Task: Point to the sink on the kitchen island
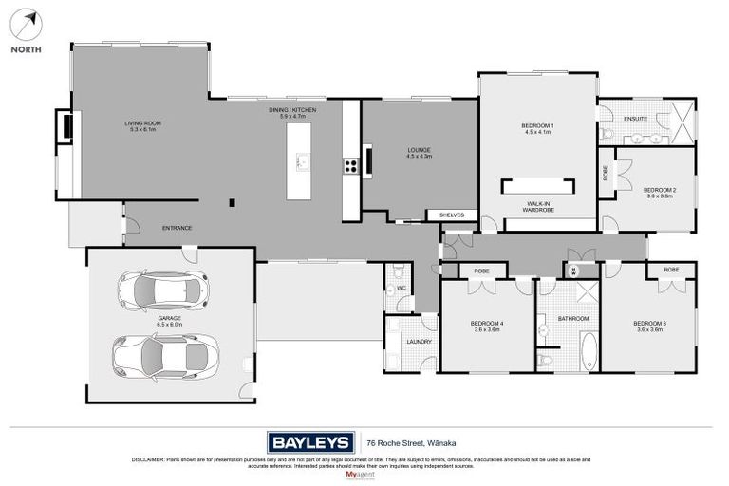(303, 162)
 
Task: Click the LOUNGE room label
(420, 150)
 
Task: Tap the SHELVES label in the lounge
(452, 215)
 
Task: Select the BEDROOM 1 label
(537, 126)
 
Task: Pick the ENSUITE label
(635, 119)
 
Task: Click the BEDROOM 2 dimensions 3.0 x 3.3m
(659, 196)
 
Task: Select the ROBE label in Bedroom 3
(671, 271)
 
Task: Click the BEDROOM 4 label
(487, 324)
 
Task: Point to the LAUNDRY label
(419, 342)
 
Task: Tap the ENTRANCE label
(178, 228)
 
